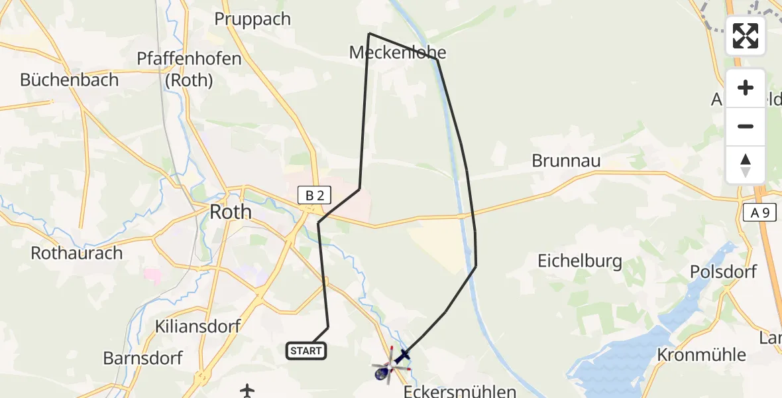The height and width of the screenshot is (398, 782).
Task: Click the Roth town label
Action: click(230, 212)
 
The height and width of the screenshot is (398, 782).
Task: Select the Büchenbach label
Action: click(69, 80)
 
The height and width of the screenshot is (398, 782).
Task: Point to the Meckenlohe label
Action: click(398, 52)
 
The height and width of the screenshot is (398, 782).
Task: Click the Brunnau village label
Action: click(566, 161)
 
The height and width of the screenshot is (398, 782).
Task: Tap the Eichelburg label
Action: click(580, 261)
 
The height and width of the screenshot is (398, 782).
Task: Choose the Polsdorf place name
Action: click(723, 272)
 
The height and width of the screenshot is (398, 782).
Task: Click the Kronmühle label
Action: click(701, 355)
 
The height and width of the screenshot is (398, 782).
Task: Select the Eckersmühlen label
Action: click(459, 391)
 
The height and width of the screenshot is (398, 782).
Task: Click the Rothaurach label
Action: click(77, 253)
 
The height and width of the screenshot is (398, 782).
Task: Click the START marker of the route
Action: click(306, 351)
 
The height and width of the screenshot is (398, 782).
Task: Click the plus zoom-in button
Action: click(746, 88)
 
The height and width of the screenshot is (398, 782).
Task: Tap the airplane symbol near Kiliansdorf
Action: click(247, 390)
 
